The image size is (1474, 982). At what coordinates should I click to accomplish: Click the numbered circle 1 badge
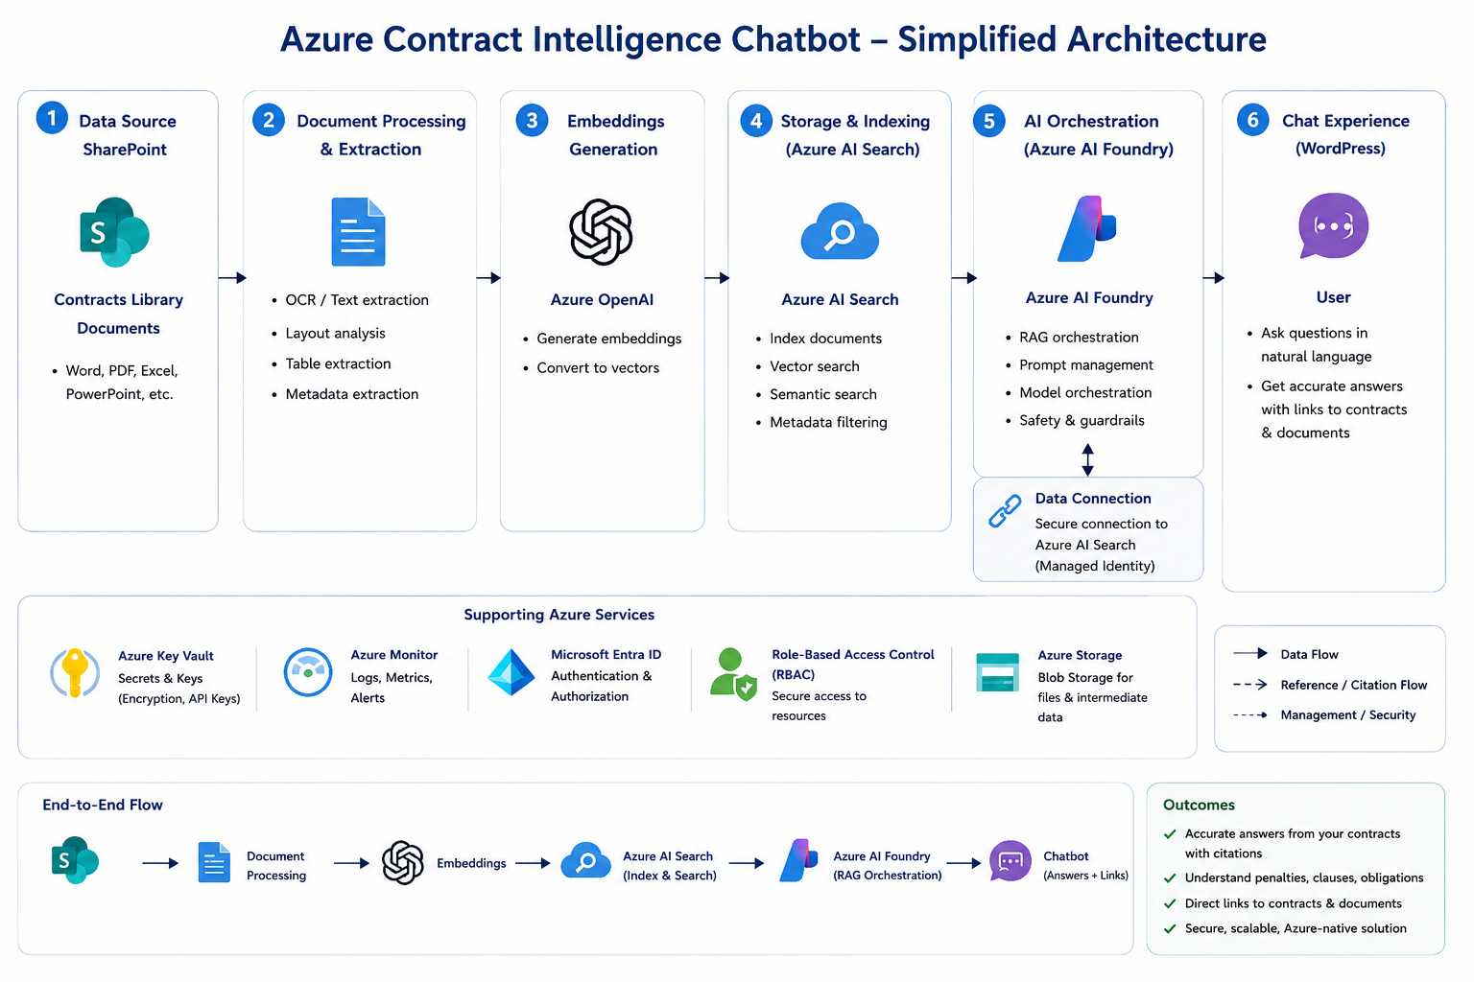(52, 118)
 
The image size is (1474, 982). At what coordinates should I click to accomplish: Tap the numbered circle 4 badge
(756, 121)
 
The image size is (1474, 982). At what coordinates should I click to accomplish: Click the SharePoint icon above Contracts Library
(114, 231)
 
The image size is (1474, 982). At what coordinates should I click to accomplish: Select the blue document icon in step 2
(358, 231)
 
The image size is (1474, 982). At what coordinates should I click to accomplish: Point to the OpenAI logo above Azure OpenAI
(601, 231)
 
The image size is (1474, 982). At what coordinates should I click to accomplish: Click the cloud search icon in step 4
(840, 231)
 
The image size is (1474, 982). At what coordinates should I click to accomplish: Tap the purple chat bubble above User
(1333, 226)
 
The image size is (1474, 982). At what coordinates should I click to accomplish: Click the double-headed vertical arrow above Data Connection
(1087, 459)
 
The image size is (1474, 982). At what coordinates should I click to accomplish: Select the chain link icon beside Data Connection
(1005, 511)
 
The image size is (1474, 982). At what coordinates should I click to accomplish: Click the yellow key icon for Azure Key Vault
(75, 673)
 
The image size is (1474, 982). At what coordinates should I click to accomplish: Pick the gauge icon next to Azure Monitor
(307, 672)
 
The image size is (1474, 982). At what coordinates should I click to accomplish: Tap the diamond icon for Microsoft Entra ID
(511, 672)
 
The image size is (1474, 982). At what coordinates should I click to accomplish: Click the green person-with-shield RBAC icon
(733, 674)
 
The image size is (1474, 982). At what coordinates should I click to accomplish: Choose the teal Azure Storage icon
(998, 672)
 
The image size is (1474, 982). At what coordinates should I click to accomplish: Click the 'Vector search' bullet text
(815, 366)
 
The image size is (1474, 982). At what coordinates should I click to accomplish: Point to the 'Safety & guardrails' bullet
(1082, 420)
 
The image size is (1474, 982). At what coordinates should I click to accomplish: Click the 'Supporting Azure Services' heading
(559, 615)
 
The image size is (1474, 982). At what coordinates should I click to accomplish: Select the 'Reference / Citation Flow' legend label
(1354, 685)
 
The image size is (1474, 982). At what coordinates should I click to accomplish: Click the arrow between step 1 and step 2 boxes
(231, 277)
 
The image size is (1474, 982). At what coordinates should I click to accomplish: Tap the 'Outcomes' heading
(1199, 805)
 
